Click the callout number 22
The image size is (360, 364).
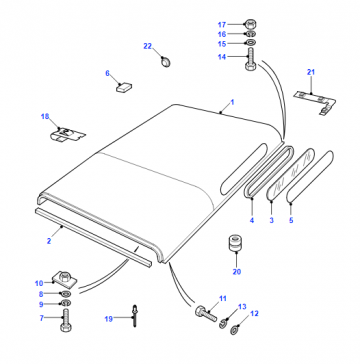click(147, 46)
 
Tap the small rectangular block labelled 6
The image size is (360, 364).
click(124, 87)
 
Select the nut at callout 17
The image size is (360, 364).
click(250, 24)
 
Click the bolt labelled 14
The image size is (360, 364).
click(250, 59)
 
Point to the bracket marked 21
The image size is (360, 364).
click(315, 102)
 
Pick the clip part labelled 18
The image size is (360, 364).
click(67, 135)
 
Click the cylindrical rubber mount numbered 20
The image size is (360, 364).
click(236, 244)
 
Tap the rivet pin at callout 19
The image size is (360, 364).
click(135, 316)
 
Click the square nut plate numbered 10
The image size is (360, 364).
click(64, 279)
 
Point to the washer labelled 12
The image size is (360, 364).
click(235, 331)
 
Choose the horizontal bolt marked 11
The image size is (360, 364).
click(206, 313)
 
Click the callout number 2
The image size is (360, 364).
click(49, 241)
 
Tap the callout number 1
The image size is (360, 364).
click(232, 102)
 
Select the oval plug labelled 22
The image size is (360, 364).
click(165, 61)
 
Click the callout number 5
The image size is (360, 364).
click(291, 220)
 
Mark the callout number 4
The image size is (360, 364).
click(252, 220)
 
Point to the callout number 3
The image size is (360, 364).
click(272, 220)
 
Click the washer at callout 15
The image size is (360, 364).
click(250, 43)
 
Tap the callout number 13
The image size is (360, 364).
click(242, 307)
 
